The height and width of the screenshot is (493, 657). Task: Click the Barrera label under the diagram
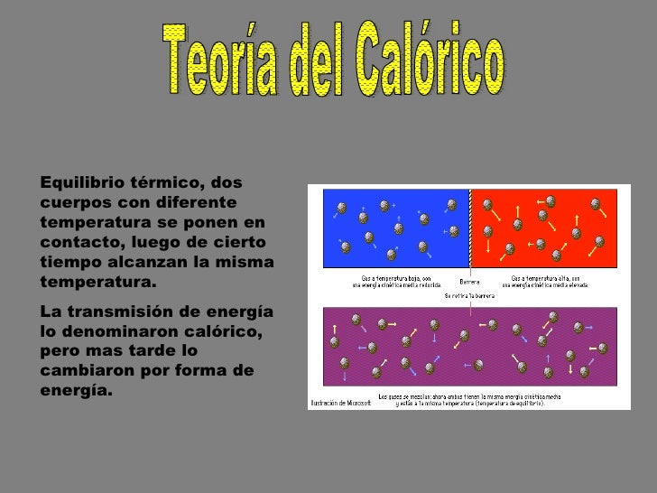point(469,281)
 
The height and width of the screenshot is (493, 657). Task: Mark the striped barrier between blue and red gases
point(469,228)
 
